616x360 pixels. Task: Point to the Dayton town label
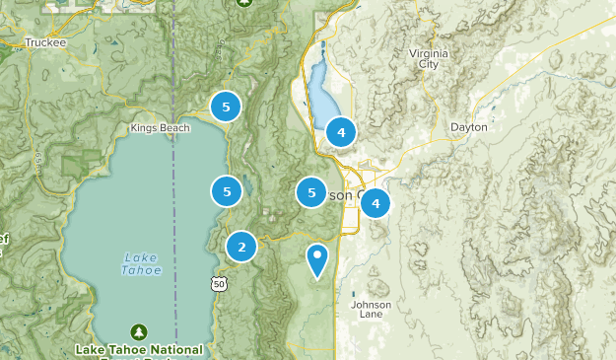point(468,127)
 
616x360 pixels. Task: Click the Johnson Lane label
point(371,310)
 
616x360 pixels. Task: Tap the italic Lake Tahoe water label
point(140,263)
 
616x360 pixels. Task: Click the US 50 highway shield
point(219,284)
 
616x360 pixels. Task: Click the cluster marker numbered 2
point(241,247)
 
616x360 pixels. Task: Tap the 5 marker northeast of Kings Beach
point(226,107)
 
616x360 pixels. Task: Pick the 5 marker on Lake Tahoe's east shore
point(228,191)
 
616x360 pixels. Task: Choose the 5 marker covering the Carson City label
point(311,192)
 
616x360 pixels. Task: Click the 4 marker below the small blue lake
point(340,131)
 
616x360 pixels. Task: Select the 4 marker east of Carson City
point(375,203)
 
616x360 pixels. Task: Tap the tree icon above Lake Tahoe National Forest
point(139,331)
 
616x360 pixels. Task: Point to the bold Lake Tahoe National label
point(139,349)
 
